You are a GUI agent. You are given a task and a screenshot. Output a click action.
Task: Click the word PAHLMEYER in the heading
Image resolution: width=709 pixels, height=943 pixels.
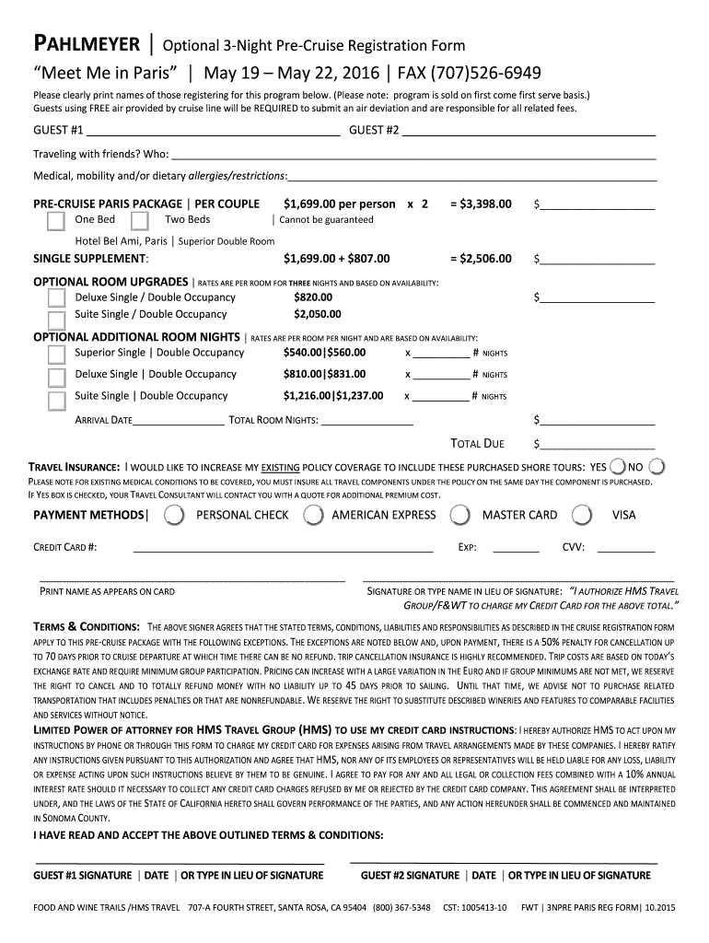pos(86,43)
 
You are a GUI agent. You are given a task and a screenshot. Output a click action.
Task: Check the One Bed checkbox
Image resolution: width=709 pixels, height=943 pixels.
pos(56,220)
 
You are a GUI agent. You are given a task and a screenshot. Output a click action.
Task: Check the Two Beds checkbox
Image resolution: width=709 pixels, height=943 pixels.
pos(140,220)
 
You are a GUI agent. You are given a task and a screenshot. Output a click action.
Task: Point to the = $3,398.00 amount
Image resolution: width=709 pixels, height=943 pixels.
pos(481,204)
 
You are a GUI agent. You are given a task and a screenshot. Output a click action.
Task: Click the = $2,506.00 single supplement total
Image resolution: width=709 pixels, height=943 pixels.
pos(481,259)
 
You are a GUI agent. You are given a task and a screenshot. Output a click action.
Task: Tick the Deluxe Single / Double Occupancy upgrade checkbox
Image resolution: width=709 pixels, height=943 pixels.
pos(56,297)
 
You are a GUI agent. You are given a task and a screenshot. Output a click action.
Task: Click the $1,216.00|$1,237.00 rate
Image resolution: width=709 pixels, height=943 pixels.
pos(333,396)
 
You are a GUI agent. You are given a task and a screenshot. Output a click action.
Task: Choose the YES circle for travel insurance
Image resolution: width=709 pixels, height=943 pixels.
pos(619,467)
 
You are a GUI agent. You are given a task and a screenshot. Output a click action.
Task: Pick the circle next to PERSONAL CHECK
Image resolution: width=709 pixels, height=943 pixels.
pos(172,515)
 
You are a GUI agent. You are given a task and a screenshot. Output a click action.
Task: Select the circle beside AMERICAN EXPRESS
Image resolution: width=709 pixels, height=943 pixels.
pos(314,515)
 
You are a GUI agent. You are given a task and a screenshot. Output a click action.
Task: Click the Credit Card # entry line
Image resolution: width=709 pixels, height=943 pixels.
pos(283,548)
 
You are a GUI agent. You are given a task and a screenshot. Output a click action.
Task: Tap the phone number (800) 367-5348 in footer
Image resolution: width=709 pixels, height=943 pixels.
pos(401,908)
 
